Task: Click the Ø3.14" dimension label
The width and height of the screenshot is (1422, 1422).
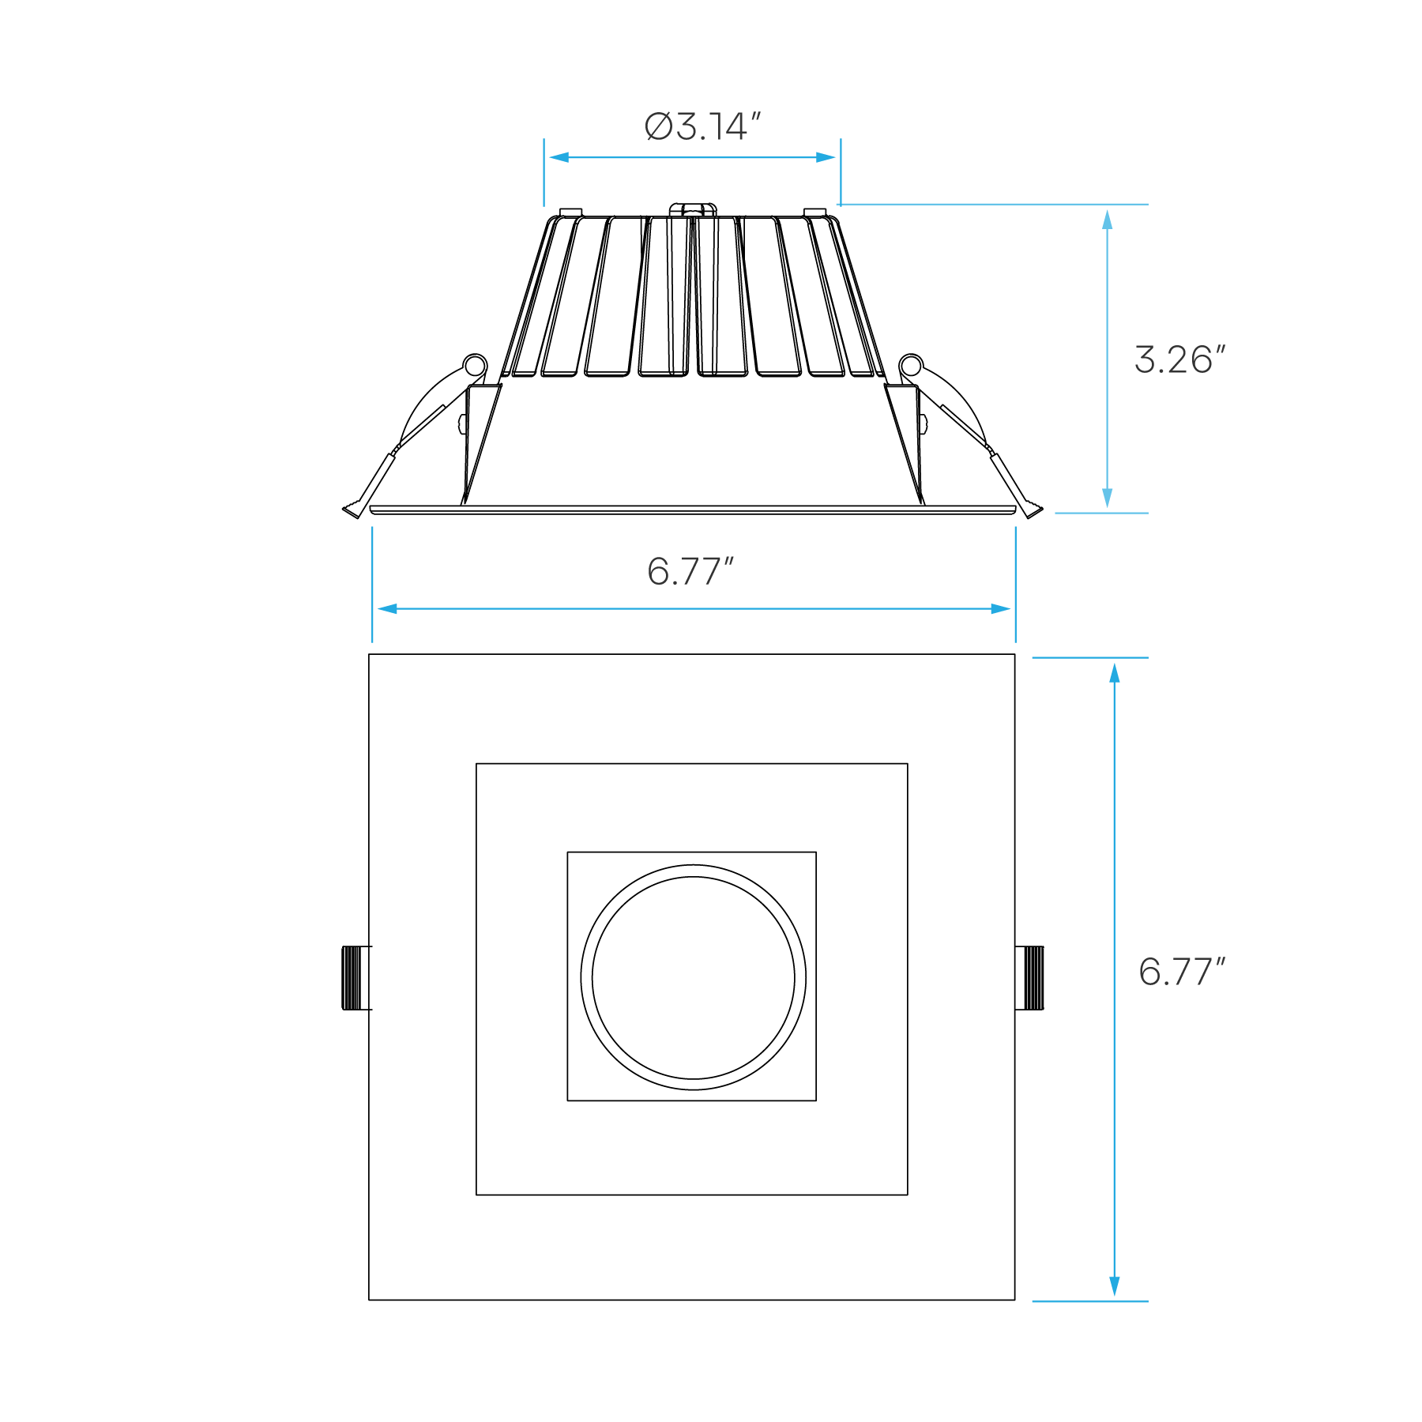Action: click(x=702, y=127)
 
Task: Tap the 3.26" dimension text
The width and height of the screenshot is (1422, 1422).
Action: click(x=1179, y=360)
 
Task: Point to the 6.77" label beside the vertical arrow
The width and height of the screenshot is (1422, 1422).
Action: click(x=1181, y=972)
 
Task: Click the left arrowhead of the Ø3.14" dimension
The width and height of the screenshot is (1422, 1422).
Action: click(x=558, y=157)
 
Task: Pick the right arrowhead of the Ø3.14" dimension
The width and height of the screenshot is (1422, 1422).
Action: click(x=826, y=157)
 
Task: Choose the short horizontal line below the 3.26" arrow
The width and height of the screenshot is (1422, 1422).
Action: click(x=1101, y=513)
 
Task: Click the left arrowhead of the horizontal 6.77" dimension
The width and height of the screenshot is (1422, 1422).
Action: click(x=386, y=608)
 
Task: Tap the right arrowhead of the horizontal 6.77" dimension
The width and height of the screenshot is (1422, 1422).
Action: click(x=1001, y=608)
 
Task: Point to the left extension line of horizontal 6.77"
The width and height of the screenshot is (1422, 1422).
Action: click(x=372, y=585)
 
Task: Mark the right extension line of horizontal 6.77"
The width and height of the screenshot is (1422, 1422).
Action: click(x=1015, y=585)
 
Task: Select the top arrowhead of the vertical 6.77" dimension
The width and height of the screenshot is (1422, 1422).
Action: click(x=1114, y=672)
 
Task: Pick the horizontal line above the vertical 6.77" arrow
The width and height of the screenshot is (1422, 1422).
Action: click(x=1089, y=657)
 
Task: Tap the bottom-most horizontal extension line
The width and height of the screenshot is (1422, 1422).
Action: click(x=1089, y=1301)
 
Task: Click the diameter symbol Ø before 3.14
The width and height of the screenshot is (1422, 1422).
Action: click(x=658, y=127)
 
